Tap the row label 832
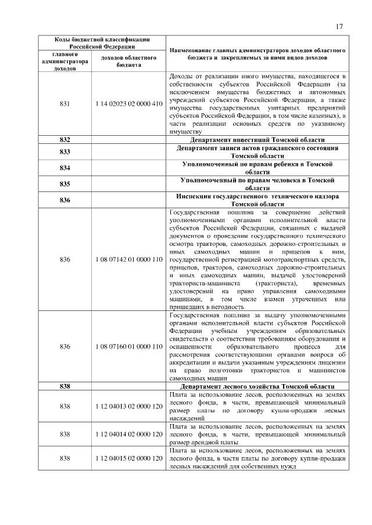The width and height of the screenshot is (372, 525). pyautogui.click(x=65, y=140)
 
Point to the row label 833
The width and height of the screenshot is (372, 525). pyautogui.click(x=65, y=152)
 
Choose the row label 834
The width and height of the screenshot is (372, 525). pyautogui.click(x=65, y=168)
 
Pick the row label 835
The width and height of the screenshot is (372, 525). pyautogui.click(x=65, y=184)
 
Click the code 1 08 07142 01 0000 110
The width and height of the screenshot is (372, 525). pyautogui.click(x=128, y=259)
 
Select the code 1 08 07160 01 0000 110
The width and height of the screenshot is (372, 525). pyautogui.click(x=128, y=346)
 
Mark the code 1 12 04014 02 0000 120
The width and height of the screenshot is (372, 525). pyautogui.click(x=128, y=433)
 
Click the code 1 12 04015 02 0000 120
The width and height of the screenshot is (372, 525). pyautogui.click(x=128, y=458)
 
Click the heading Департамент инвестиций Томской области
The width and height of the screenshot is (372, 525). pyautogui.click(x=257, y=140)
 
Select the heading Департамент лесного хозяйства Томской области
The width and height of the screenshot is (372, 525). pyautogui.click(x=257, y=386)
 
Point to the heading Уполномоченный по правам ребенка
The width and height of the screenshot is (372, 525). pyautogui.click(x=257, y=168)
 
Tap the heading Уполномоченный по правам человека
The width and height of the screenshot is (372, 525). pyautogui.click(x=257, y=184)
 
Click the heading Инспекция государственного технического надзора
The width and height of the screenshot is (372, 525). pyautogui.click(x=257, y=201)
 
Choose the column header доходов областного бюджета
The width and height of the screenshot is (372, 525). pyautogui.click(x=128, y=61)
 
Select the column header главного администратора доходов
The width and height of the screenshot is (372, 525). pyautogui.click(x=65, y=61)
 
